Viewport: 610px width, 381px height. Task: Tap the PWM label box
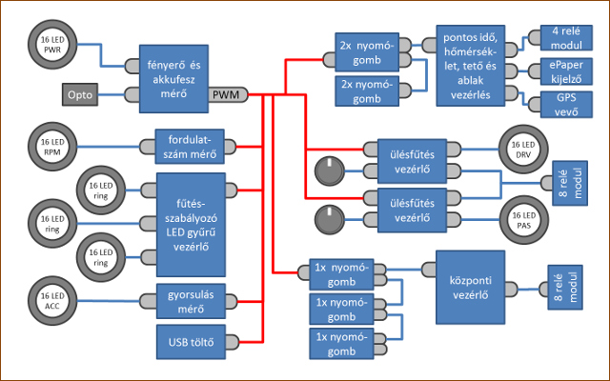click(x=226, y=95)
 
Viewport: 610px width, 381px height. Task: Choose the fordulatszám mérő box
click(x=194, y=145)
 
